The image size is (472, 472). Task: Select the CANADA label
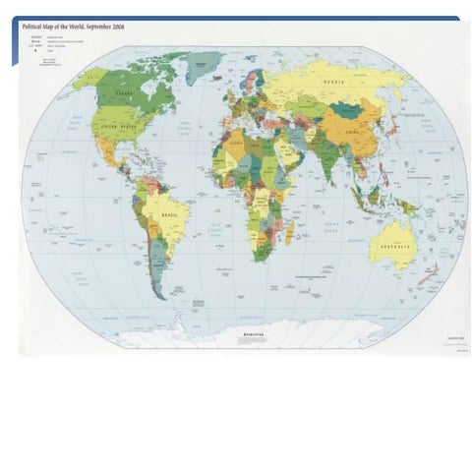point(125,94)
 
